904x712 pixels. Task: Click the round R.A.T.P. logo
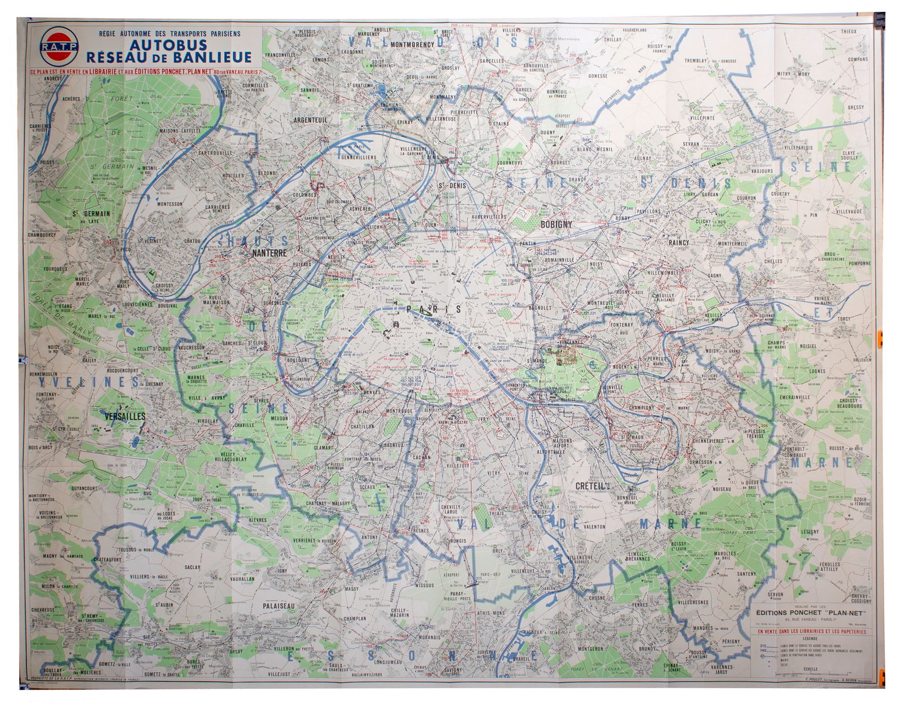point(59,46)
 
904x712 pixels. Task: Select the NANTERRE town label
point(271,254)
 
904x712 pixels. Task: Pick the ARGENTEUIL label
point(312,120)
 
